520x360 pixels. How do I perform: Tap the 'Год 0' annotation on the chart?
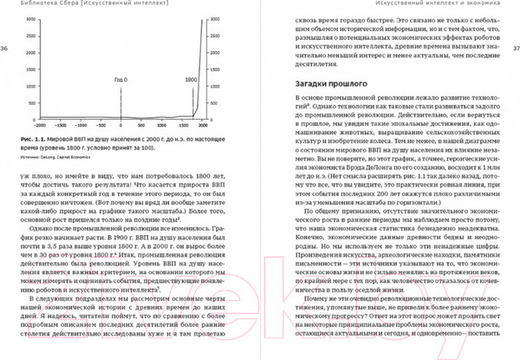coord(120,79)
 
